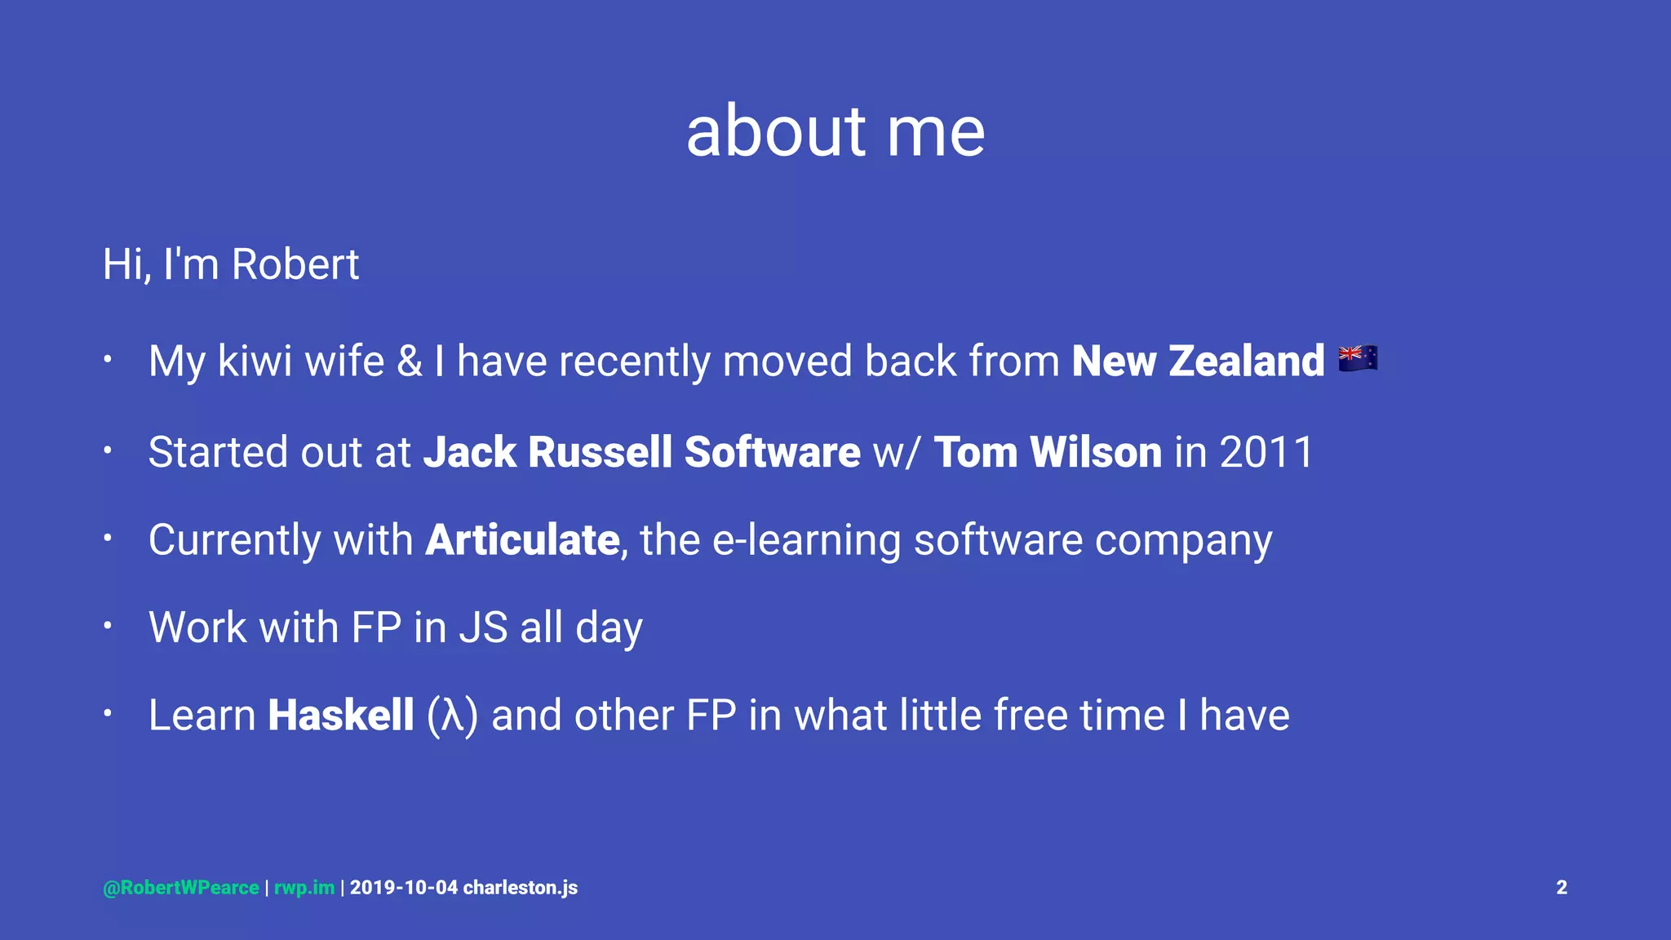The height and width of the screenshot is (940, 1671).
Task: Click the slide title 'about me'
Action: (835, 131)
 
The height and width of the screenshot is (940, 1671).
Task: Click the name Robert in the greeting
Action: (295, 264)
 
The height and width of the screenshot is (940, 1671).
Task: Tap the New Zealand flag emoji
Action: (1358, 358)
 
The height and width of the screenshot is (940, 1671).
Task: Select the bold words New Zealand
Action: (1198, 361)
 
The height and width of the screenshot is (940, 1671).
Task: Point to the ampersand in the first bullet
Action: (410, 361)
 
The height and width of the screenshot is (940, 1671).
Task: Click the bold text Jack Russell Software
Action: (641, 452)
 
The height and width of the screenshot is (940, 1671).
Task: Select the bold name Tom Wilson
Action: (1048, 452)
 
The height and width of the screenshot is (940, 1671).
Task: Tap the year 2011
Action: (1266, 452)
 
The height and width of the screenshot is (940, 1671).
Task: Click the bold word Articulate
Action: (522, 540)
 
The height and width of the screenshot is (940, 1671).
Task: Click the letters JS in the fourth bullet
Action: (483, 627)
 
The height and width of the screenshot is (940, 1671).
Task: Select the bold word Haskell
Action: (341, 716)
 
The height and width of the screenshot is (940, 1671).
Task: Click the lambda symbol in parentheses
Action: (452, 716)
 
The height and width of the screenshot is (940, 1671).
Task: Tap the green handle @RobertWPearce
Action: (181, 888)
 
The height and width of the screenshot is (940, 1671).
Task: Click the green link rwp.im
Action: (304, 888)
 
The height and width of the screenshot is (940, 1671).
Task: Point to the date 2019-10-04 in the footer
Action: (404, 888)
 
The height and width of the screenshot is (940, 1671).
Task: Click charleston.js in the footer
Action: (521, 888)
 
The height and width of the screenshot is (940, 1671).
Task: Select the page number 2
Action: (1561, 888)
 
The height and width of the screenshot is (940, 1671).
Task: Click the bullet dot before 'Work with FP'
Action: (107, 626)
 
